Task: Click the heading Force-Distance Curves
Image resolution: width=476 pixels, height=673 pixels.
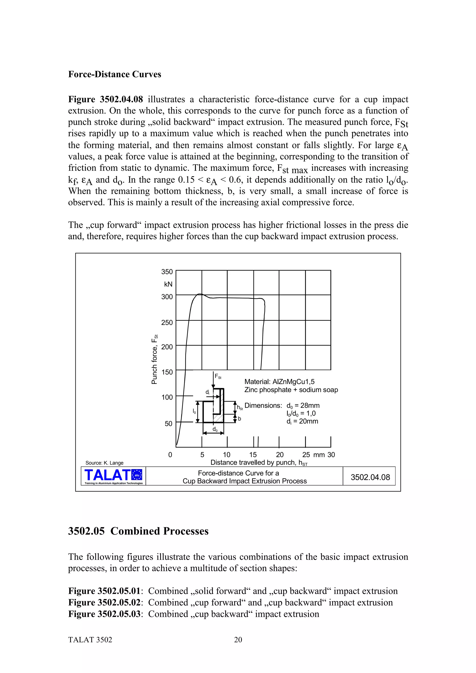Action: (115, 74)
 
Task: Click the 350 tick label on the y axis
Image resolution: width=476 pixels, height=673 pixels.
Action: (167, 272)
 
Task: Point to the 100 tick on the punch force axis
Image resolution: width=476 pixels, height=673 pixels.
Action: (167, 397)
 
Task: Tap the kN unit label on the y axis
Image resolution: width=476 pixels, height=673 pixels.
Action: (168, 284)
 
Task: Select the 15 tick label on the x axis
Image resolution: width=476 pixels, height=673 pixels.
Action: (253, 455)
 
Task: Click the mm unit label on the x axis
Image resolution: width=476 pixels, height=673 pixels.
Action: (319, 455)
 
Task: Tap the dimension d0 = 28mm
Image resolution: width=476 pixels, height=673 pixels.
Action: (303, 406)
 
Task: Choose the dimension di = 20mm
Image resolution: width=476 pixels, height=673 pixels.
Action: (302, 421)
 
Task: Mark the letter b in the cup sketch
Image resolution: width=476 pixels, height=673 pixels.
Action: (239, 419)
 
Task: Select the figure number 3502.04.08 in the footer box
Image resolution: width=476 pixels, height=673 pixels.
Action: (370, 477)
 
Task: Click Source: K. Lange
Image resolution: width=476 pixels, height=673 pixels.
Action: (104, 463)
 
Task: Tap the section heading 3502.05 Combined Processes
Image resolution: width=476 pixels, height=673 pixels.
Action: (138, 531)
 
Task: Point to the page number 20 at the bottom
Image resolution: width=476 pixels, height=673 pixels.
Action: (238, 640)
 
